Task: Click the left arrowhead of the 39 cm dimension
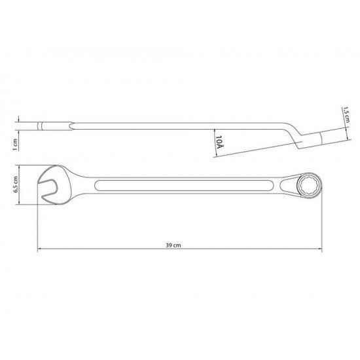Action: (40, 248)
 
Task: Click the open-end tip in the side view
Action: (37, 125)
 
